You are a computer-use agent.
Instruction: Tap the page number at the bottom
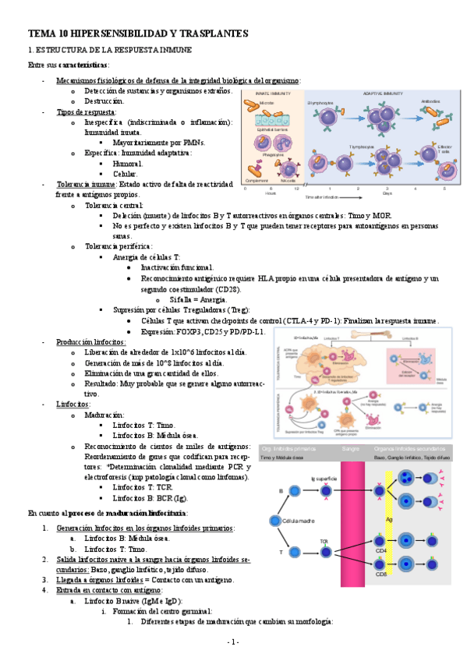point(233,642)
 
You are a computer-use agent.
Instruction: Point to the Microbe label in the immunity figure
point(266,102)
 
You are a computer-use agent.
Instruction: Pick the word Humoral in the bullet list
point(128,164)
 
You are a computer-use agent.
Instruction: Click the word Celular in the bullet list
point(125,174)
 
